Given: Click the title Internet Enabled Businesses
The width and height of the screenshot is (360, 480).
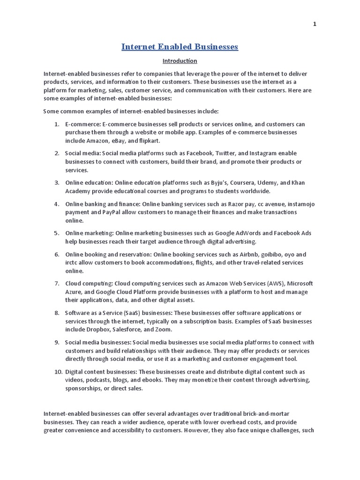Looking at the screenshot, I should click(180, 47).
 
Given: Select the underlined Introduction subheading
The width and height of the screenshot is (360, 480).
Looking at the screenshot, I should click(180, 61).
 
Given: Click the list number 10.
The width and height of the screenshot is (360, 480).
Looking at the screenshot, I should click(58, 372).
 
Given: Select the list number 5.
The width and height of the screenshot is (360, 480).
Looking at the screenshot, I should click(56, 233).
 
